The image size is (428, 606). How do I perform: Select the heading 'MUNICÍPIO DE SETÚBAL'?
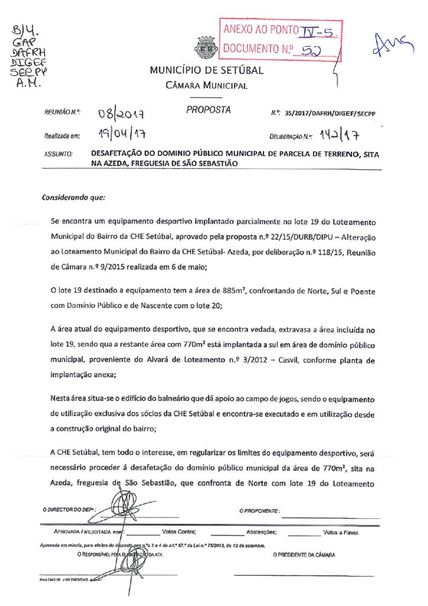206,70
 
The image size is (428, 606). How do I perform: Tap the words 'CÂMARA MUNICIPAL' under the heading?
206,85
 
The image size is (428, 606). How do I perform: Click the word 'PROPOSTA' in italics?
209,110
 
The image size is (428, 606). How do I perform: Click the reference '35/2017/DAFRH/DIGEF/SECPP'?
333,112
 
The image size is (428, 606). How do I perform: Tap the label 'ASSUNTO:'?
58,154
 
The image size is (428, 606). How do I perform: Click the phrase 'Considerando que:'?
73,196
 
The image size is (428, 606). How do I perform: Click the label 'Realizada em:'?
61,136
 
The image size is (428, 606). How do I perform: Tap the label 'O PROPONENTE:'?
260,510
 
